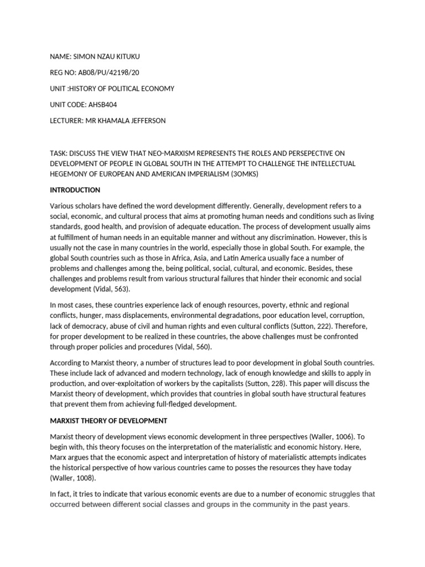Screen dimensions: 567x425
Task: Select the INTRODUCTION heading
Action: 75,190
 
